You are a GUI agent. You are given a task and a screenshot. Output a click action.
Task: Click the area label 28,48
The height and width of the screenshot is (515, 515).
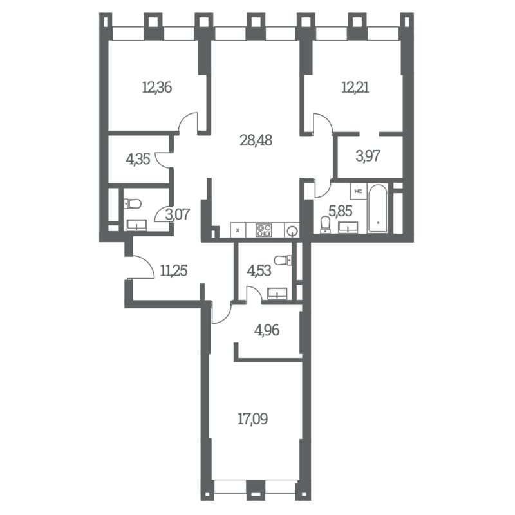pos(256,140)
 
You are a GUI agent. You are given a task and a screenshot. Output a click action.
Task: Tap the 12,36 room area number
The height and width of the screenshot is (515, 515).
pos(157,88)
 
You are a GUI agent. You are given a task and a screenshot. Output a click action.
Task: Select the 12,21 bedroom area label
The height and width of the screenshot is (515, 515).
pos(355,88)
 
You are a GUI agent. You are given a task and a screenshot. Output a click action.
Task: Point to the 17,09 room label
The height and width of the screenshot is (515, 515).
pos(252,419)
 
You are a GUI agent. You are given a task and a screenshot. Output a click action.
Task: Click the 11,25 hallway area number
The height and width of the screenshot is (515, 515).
pos(174,270)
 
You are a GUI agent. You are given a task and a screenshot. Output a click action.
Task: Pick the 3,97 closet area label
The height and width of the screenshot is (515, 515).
pos(368,156)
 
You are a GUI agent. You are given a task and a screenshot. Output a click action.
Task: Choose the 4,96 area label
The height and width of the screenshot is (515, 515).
pos(267,330)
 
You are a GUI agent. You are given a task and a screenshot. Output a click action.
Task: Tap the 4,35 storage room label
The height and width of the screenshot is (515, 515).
pos(138,159)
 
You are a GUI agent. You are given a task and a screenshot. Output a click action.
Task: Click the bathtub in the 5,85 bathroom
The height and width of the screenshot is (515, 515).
pos(378,209)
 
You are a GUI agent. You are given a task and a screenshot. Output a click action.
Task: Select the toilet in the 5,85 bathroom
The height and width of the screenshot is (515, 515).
pos(325,224)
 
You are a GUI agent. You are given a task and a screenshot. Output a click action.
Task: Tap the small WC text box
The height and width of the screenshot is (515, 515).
pos(359,191)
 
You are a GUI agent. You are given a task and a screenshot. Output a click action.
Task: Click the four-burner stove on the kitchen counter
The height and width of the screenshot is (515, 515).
pos(264,230)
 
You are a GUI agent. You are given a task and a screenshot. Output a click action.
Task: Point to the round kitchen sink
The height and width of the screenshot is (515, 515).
pos(292,231)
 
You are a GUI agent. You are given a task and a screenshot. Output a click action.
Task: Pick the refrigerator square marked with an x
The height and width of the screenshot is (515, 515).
pos(238,230)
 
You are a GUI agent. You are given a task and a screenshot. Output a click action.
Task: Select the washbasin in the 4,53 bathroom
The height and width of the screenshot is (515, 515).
pos(277,294)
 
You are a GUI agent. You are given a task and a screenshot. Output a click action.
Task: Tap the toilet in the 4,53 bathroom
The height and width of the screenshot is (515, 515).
pos(283,260)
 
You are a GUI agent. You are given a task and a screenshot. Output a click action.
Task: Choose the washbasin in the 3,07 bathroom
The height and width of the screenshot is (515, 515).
pos(136,225)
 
